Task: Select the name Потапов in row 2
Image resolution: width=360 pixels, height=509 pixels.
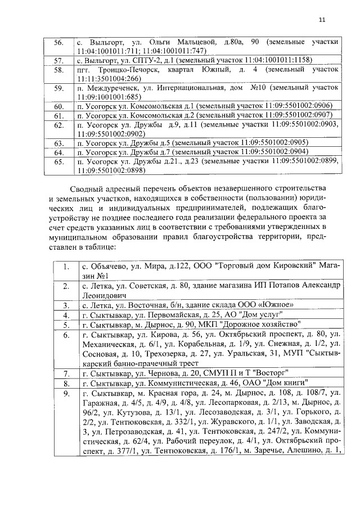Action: coord(283,286)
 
